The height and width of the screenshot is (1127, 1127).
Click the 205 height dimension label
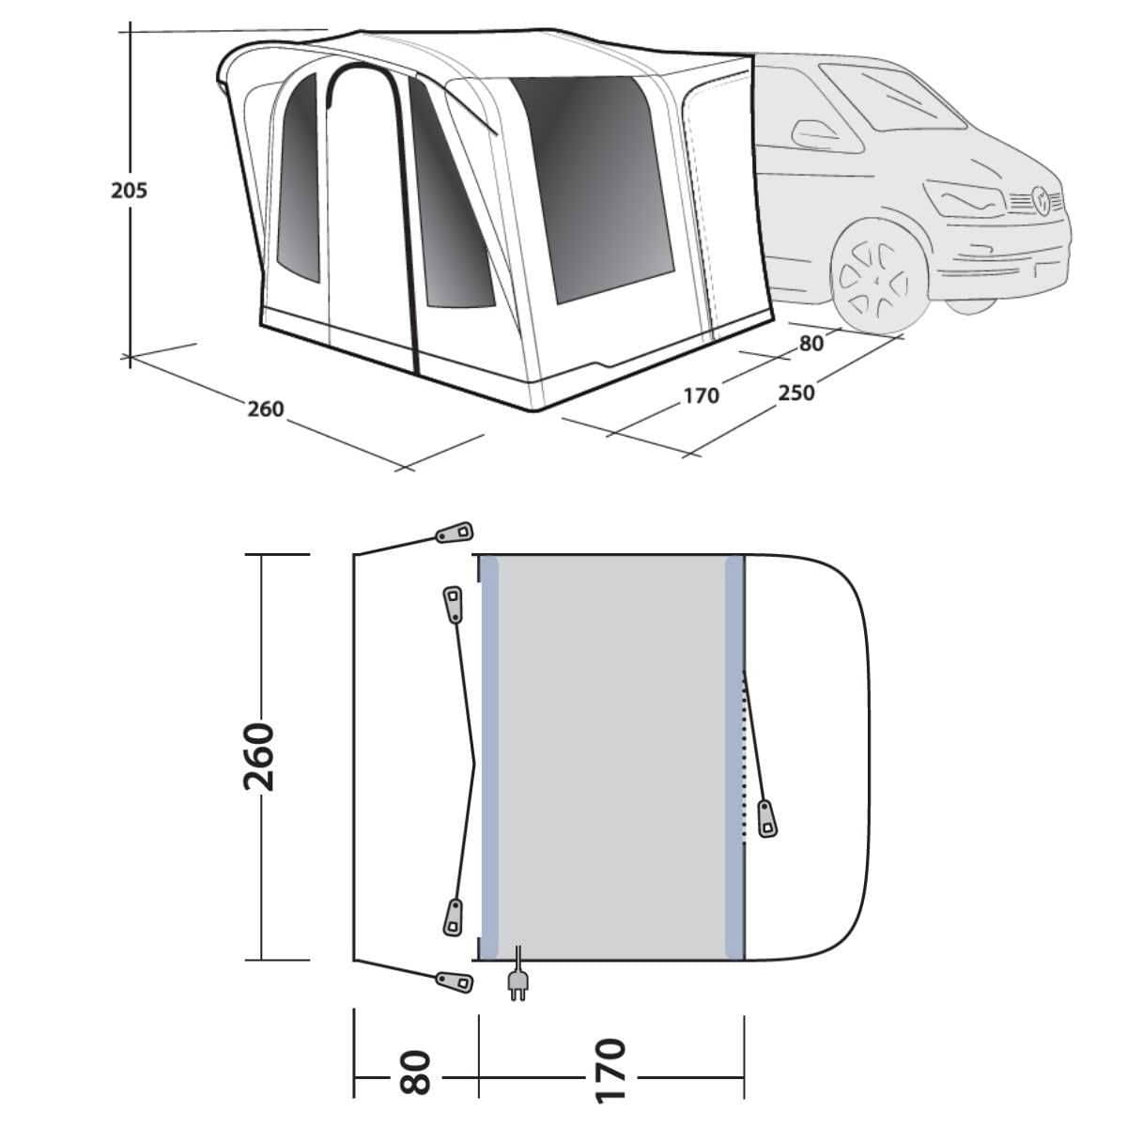point(129,191)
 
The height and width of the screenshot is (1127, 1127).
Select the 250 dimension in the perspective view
point(795,392)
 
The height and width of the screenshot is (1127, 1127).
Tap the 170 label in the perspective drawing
point(701,395)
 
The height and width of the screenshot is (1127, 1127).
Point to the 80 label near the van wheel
point(811,343)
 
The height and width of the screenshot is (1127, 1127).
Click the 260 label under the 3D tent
point(265,409)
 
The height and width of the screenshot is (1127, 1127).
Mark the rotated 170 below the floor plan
point(610,1071)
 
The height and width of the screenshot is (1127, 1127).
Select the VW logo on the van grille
point(1041,198)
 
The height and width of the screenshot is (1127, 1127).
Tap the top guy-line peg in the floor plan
point(455,533)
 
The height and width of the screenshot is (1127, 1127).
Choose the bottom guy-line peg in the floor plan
point(455,980)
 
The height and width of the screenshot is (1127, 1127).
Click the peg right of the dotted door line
point(770,819)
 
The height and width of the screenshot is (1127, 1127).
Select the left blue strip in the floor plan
point(488,757)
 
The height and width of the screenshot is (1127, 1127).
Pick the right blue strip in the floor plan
point(734,757)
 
